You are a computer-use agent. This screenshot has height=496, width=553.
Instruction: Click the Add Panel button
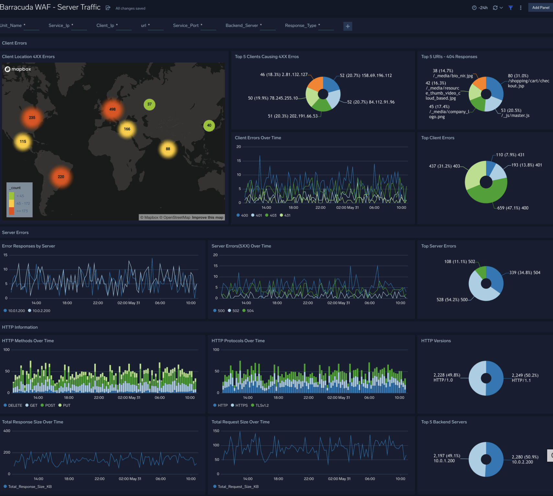coord(540,7)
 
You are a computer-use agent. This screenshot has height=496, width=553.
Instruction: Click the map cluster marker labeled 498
coord(112,109)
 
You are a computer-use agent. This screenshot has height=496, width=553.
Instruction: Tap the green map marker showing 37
coord(149,104)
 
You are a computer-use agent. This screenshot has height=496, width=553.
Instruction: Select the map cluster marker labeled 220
coord(61,177)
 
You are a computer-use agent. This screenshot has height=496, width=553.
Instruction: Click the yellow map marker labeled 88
coord(168,149)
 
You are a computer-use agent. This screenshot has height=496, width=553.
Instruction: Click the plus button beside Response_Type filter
coord(347,26)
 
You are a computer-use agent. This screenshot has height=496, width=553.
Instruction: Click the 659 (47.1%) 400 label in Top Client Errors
coord(513,208)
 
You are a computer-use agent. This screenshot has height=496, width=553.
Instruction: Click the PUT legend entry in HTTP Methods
coord(64,405)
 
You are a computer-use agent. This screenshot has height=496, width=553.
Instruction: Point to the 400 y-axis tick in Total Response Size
coord(7,431)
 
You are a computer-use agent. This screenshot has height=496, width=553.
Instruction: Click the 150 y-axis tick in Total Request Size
coord(216,431)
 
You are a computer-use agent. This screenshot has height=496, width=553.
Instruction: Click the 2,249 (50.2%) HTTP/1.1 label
coord(525,378)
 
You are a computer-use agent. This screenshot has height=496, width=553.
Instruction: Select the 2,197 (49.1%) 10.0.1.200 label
coord(446,458)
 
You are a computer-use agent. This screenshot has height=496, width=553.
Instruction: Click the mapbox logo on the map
coord(18,69)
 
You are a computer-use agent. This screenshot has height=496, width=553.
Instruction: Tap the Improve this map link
coord(208,218)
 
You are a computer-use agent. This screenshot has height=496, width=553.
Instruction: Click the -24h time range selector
coord(480,8)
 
